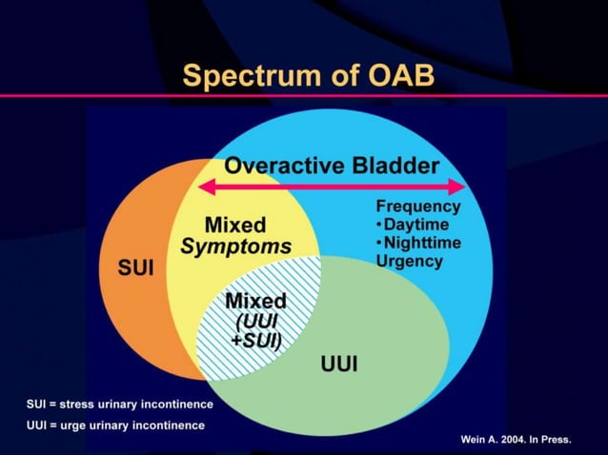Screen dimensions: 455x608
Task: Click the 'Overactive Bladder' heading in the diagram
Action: (332, 166)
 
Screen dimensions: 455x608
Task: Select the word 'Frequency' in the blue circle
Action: (418, 207)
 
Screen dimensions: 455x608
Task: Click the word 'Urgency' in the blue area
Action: (410, 261)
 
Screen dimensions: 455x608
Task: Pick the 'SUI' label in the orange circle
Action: (134, 267)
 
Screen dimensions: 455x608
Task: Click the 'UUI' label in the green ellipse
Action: (339, 364)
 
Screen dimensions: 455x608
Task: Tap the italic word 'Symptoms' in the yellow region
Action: (235, 247)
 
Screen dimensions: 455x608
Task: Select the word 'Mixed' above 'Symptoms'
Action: (235, 226)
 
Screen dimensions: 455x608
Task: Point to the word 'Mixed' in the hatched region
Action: (254, 302)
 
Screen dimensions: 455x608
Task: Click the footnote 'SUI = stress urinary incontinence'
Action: (119, 405)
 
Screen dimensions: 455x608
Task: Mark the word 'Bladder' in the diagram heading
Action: (393, 166)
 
